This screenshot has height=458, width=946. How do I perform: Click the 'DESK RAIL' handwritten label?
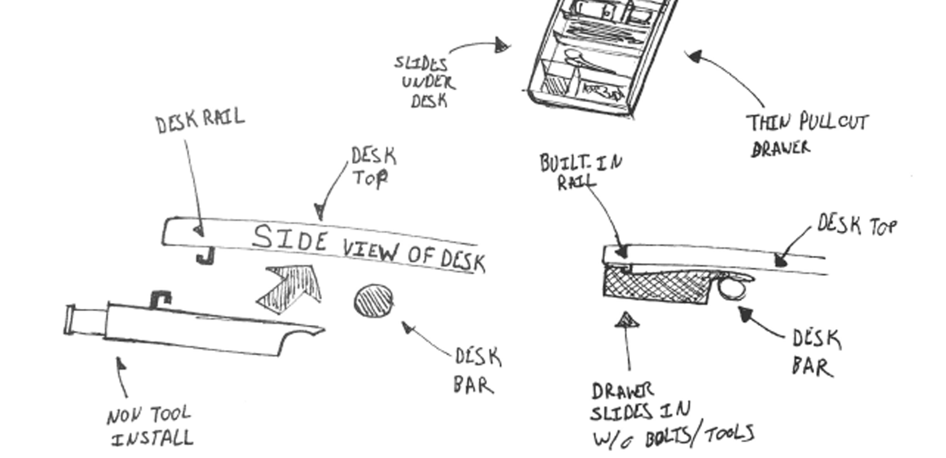pos(200,121)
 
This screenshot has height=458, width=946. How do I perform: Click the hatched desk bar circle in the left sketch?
pos(373,301)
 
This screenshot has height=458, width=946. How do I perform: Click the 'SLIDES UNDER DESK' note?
pos(425,82)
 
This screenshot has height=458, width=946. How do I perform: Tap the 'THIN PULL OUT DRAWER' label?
pos(807,135)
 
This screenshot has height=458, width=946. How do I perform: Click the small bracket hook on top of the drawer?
pos(160,300)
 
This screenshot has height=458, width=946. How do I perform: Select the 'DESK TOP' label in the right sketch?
pos(857,225)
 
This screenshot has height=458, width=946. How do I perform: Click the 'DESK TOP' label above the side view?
pos(373,167)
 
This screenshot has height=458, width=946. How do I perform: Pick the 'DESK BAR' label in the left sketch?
pos(476,371)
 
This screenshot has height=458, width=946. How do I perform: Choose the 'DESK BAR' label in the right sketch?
pos(815,353)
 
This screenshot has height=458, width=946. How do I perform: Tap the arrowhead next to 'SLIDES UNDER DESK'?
pos(502,46)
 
